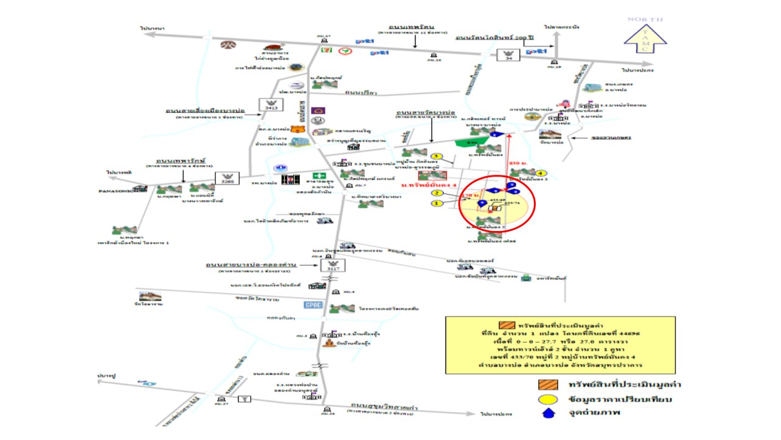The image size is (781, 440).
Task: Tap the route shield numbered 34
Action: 506,56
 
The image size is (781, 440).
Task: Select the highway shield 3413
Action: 268,105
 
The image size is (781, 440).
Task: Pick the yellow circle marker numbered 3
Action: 436,156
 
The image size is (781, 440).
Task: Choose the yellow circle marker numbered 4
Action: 539,173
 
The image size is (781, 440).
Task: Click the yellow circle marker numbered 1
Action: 436,203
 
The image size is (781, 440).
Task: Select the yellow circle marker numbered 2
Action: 436,193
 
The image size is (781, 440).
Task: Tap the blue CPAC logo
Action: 312,305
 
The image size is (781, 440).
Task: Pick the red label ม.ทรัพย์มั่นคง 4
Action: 425,184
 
